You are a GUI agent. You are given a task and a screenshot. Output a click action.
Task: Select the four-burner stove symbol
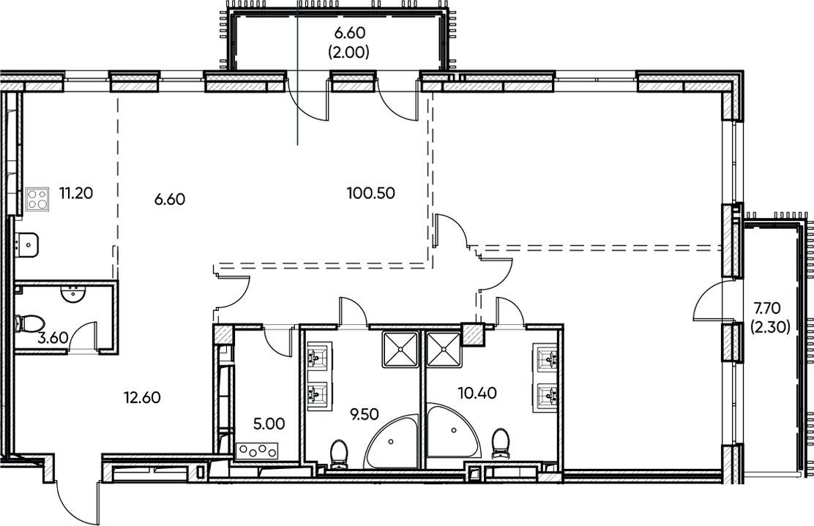[36, 199]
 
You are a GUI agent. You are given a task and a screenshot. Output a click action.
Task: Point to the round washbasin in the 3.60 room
[73, 295]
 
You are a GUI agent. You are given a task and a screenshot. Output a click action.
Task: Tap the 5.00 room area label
[265, 423]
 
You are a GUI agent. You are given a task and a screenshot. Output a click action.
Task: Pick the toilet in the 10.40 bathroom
[501, 443]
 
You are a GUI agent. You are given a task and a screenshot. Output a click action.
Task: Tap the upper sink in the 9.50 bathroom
[316, 358]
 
